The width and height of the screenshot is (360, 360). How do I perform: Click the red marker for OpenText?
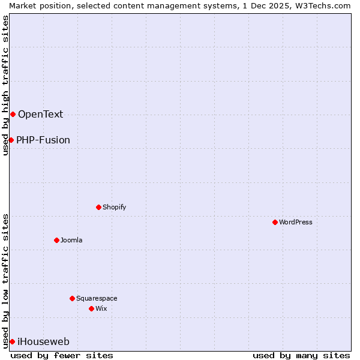13,114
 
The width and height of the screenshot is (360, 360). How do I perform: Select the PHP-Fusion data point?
11,140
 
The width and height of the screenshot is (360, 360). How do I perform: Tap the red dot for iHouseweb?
12,341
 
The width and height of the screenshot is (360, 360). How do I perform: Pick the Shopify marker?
98,207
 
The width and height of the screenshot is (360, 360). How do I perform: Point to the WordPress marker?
275,222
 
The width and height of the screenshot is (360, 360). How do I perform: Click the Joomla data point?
56,240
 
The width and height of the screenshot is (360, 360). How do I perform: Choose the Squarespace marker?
72,298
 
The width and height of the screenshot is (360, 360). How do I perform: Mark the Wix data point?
91,308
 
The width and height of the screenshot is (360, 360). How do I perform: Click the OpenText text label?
40,115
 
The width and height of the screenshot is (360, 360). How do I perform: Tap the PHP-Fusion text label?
43,140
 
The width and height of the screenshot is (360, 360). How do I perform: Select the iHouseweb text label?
43,342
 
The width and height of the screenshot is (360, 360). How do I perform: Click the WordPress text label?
296,222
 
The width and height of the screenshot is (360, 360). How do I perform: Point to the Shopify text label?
114,207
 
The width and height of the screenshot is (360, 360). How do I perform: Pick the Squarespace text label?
97,298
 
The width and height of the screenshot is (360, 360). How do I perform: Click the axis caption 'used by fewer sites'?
62,355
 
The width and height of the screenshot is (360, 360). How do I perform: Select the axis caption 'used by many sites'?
301,355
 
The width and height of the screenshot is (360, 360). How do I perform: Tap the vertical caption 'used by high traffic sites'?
5,85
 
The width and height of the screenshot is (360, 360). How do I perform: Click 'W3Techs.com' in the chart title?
326,5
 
